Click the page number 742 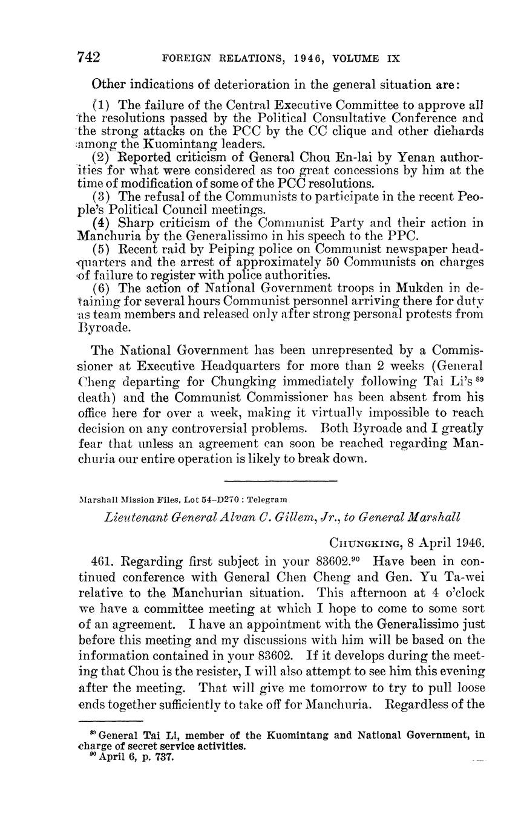pos(89,58)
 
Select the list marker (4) pos(100,223)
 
